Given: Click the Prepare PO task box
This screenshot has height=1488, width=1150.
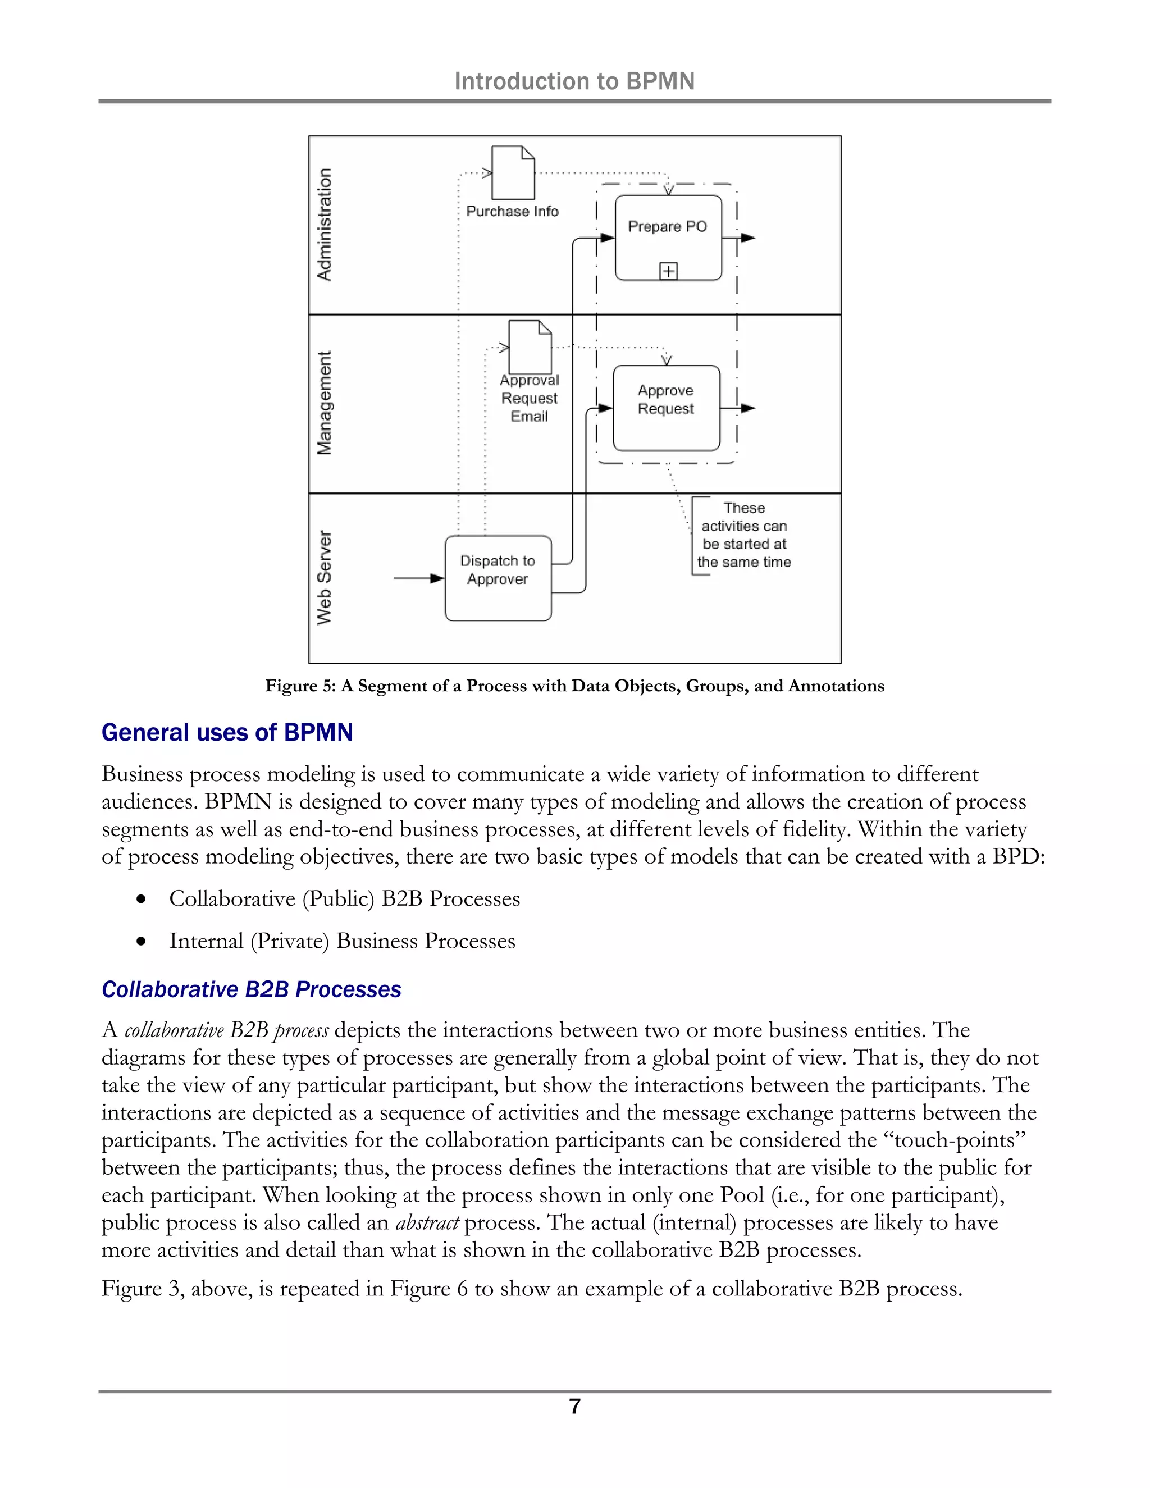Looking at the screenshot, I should point(668,238).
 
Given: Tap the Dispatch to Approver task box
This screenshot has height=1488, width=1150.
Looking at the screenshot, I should point(498,578).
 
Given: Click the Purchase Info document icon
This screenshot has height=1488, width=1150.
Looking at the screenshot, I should point(513,172).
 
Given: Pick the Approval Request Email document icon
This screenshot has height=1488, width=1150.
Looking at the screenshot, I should point(530,347).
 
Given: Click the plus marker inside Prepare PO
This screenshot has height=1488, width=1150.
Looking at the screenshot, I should point(668,271).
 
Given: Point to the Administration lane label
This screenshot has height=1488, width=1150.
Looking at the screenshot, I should point(325,224).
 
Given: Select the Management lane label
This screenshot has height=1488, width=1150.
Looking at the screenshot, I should point(325,403).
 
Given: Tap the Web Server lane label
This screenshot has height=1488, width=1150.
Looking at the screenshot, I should point(325,577).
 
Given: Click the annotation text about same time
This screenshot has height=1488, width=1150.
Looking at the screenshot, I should point(744,535).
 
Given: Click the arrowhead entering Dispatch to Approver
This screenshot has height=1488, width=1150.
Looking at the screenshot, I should point(437,578).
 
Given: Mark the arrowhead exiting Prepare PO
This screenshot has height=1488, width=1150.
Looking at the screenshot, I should point(748,238).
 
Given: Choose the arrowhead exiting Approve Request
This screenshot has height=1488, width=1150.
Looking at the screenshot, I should point(748,408).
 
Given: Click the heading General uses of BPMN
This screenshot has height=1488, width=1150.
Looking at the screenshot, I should point(227,732).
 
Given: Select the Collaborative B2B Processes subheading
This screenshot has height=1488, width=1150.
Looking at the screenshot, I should point(252,989).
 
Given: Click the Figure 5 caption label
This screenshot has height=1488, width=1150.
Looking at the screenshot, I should point(574,686).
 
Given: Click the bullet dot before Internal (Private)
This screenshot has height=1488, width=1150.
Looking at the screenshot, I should point(141,942).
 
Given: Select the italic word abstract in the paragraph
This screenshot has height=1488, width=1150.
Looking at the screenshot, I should point(427,1223).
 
